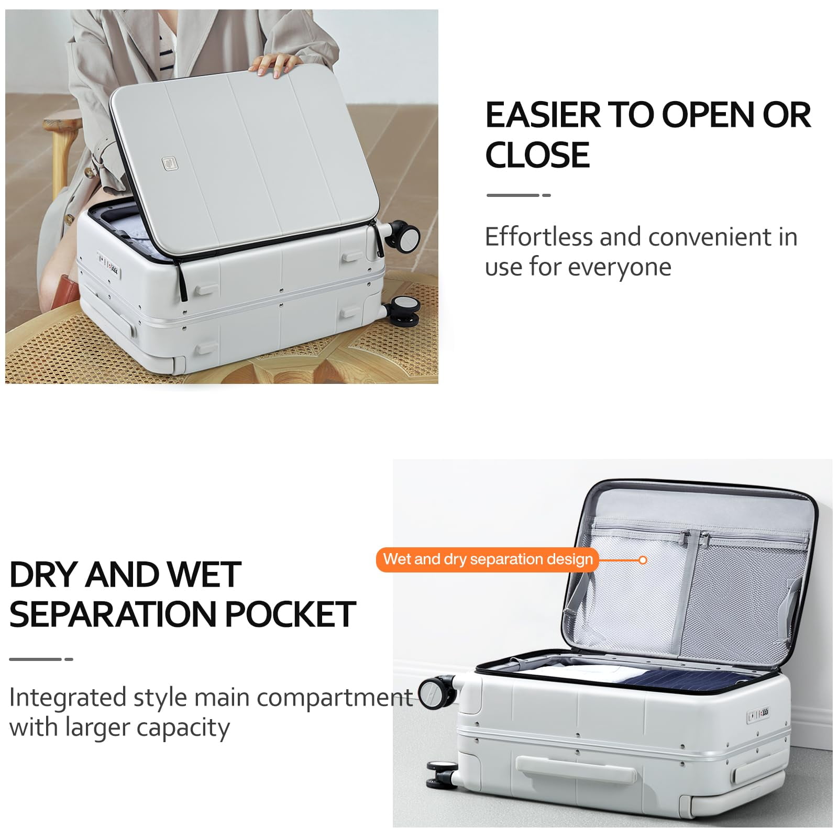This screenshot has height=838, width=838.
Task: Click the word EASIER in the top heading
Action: click(x=543, y=115)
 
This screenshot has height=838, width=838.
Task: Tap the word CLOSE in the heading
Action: click(x=537, y=155)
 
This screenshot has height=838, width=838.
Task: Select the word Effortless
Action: click(x=538, y=237)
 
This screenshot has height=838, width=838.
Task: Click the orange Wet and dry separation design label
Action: click(x=488, y=559)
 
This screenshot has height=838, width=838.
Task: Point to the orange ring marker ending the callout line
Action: click(x=643, y=560)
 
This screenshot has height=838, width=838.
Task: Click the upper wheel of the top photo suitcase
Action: click(x=403, y=235)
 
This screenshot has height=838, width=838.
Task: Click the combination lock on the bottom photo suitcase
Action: click(x=758, y=714)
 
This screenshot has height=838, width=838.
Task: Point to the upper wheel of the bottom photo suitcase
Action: click(x=437, y=692)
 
